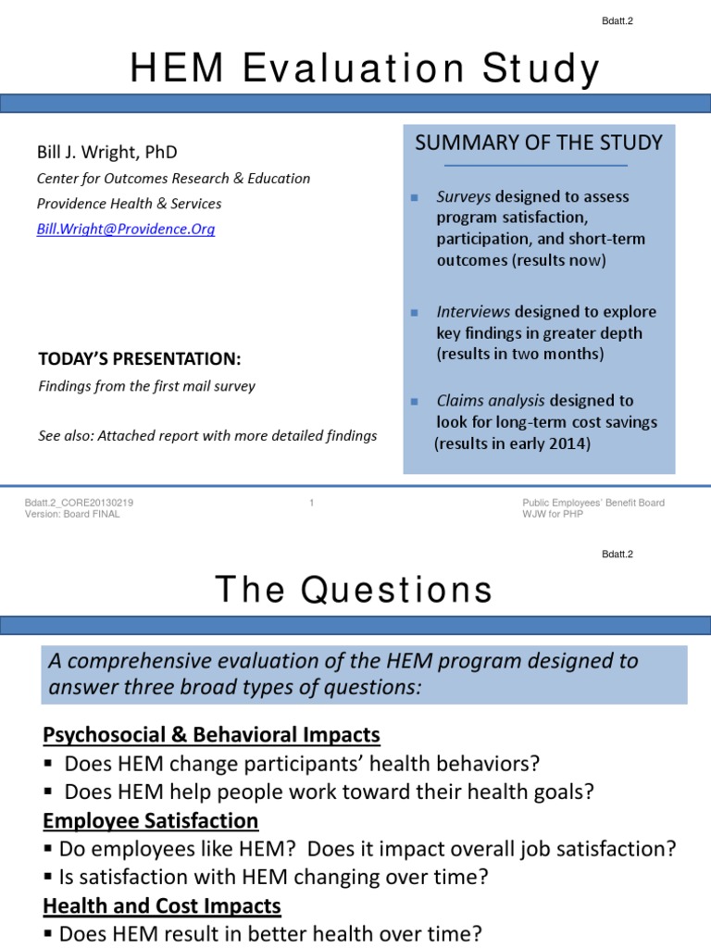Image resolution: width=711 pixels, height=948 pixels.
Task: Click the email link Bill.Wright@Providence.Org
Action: [126, 229]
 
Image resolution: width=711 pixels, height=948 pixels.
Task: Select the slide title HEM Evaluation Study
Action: [365, 69]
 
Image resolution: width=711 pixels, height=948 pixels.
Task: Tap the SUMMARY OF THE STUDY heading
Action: [539, 143]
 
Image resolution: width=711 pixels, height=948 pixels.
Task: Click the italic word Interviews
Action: [473, 312]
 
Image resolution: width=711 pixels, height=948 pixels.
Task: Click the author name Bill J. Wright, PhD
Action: [106, 152]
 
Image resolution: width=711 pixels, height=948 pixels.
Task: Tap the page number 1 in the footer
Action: [312, 503]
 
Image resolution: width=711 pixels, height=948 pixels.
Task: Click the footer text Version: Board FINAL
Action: [72, 515]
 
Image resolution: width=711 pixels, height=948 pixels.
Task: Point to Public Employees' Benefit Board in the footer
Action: [592, 503]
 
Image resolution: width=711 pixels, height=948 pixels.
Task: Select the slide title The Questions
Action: [355, 590]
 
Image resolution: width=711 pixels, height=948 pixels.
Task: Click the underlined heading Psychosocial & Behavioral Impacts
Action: [211, 735]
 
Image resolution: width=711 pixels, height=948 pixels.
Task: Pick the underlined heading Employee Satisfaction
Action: [151, 821]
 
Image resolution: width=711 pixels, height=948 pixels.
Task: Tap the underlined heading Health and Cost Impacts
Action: [162, 906]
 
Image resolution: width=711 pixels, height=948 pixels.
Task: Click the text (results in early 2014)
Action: [512, 443]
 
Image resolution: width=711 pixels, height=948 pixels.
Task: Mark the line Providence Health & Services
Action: [129, 204]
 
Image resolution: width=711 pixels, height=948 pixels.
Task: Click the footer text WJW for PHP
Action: [553, 515]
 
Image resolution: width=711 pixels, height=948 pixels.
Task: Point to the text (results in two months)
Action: [519, 354]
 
